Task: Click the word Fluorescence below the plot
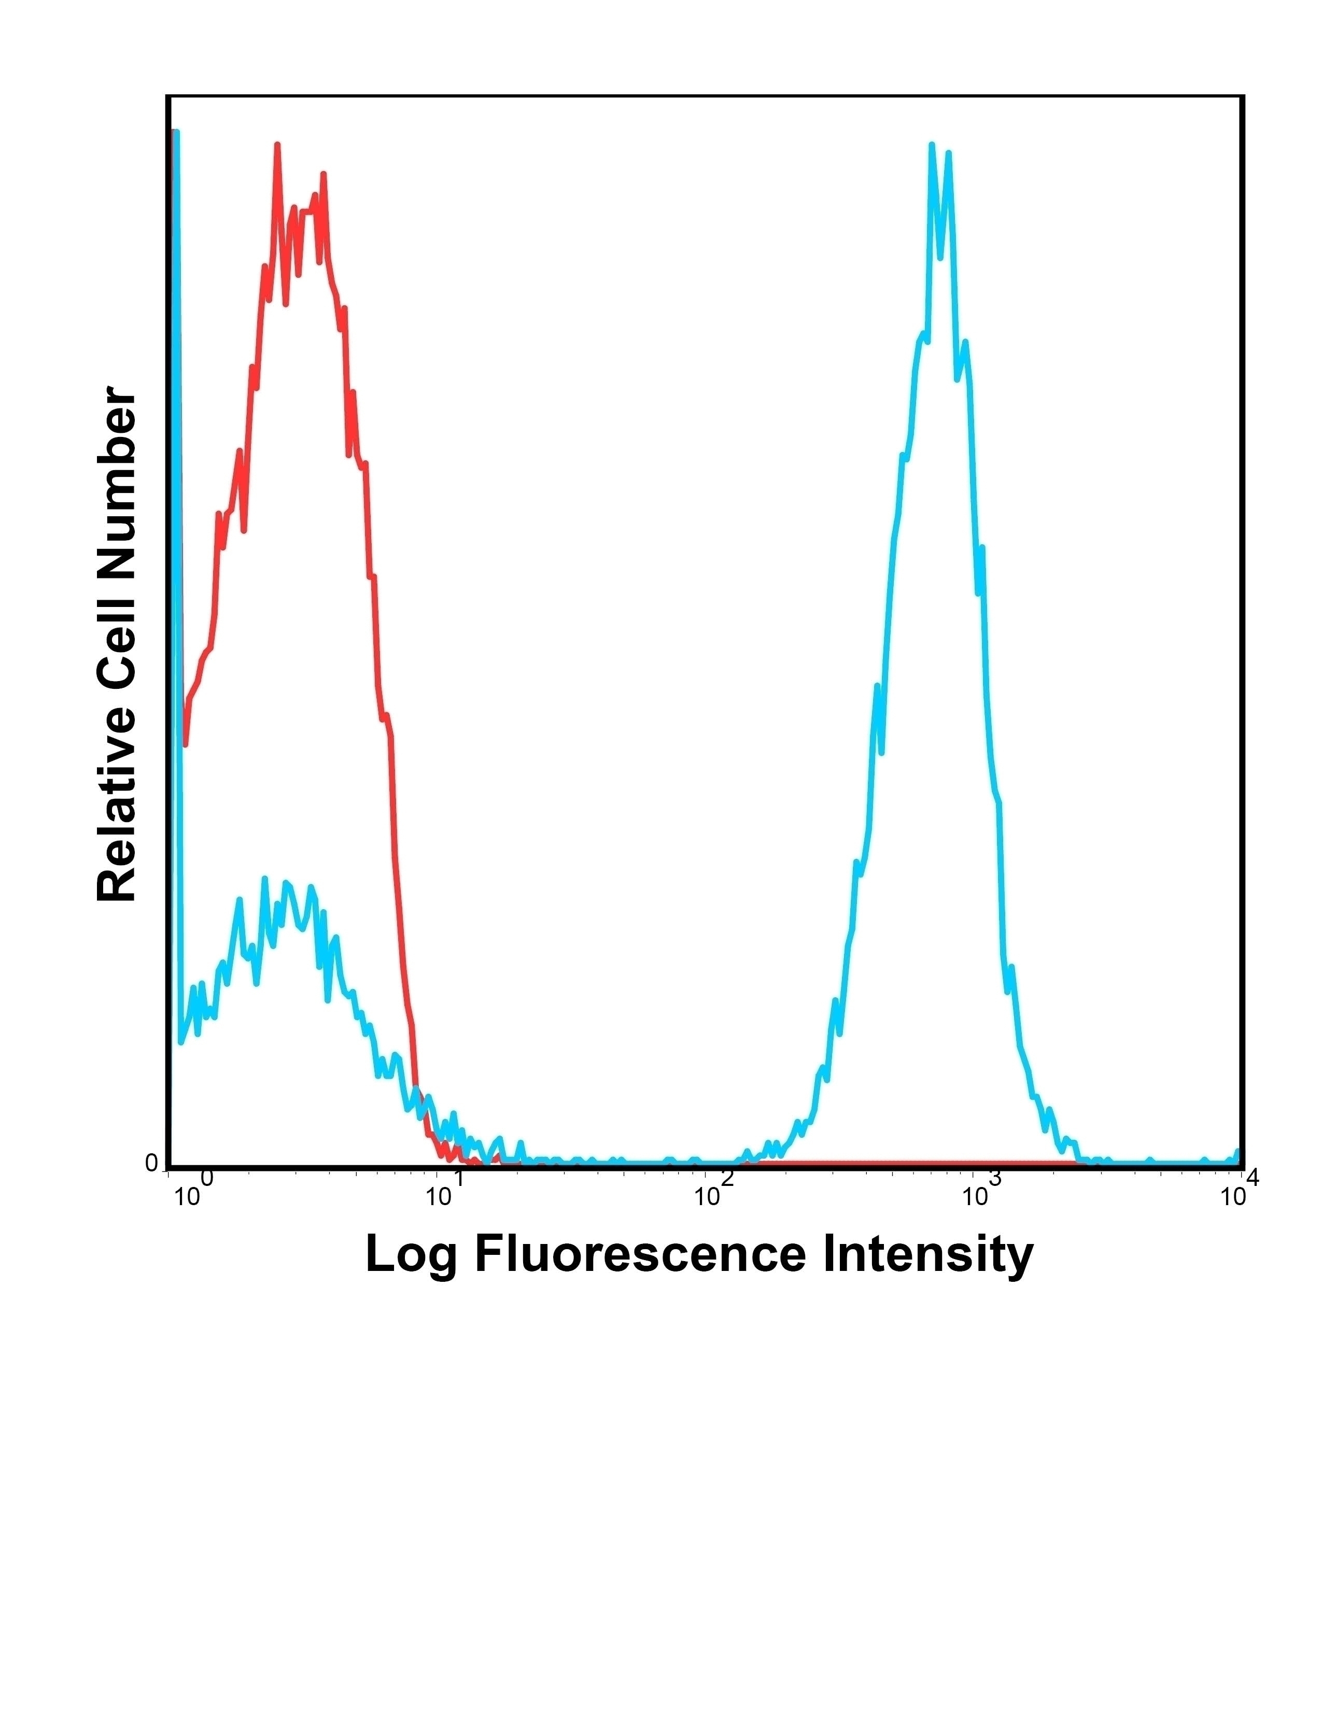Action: pyautogui.click(x=639, y=1254)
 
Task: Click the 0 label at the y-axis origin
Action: pyautogui.click(x=151, y=1163)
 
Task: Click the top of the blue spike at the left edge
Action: pyautogui.click(x=176, y=133)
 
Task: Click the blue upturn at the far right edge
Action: pyautogui.click(x=1238, y=1152)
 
